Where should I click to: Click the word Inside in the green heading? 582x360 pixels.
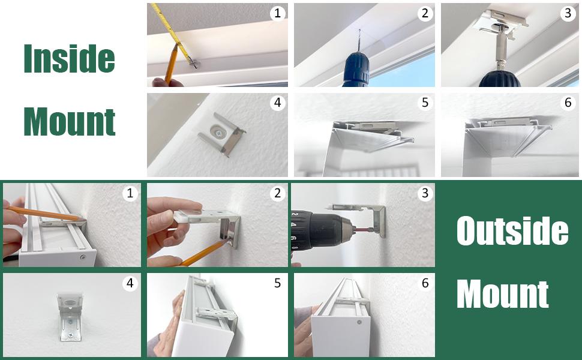coord(69,58)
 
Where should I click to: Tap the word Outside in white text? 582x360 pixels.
coord(512,231)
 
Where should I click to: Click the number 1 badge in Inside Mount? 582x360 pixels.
coord(277,13)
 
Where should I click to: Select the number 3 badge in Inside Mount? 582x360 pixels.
coord(568,13)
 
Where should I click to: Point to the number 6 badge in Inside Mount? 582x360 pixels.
coord(568,103)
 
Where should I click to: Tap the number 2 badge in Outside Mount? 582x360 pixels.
coord(277,193)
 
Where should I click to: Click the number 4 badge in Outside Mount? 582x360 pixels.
coord(130,283)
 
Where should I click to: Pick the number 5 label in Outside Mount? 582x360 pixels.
coord(277,283)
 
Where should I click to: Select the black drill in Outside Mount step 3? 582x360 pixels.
coord(322,230)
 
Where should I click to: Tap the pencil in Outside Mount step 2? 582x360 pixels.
coord(202,253)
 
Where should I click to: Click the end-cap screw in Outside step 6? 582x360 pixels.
coord(359,322)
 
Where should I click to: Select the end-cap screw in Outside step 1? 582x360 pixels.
coord(83,257)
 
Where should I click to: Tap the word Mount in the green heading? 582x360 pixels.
coord(70,122)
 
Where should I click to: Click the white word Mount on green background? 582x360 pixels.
coord(503,295)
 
